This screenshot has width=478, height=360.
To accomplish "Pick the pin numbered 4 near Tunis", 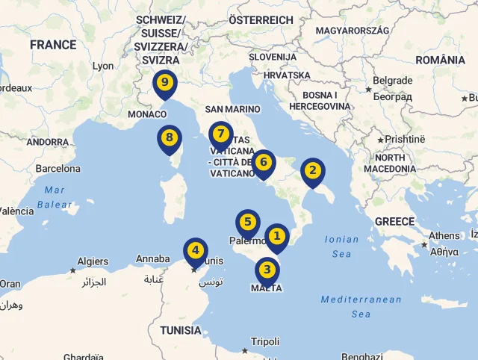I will [x=196, y=250].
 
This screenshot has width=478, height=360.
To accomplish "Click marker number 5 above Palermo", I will [x=248, y=223].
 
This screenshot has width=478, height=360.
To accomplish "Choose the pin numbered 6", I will [x=263, y=162].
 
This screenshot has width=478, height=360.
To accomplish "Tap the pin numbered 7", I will [x=220, y=134].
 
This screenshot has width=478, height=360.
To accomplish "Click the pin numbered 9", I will [x=164, y=82].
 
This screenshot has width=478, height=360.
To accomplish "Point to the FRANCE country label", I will [x=53, y=45].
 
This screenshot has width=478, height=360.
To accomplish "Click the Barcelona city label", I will [x=58, y=169].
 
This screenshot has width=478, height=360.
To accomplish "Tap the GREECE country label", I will [x=394, y=221].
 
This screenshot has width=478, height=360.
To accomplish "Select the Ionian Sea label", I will [x=342, y=246].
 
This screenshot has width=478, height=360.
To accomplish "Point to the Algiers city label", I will [x=93, y=261].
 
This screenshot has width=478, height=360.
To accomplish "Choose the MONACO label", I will [x=147, y=114].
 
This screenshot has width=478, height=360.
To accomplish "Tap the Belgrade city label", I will [x=392, y=81].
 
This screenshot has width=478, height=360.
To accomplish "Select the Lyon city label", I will [x=103, y=66].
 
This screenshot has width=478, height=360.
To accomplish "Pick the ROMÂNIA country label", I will [x=440, y=60].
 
